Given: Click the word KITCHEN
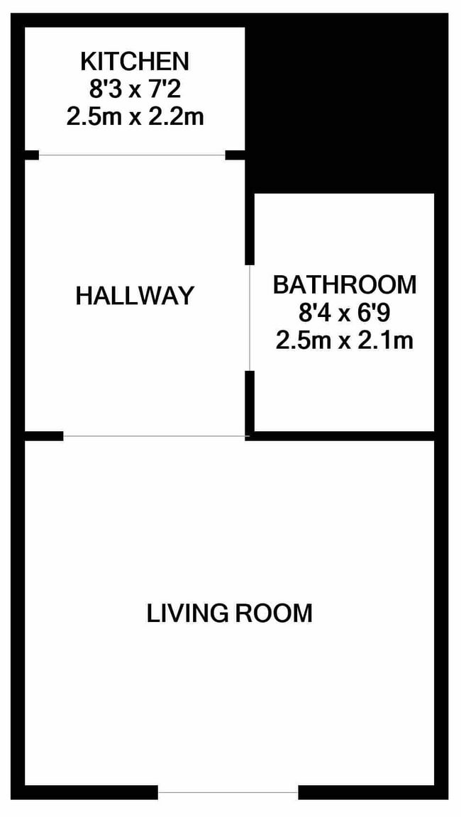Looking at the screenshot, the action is point(134,62).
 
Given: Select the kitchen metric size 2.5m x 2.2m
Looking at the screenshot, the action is point(135,117).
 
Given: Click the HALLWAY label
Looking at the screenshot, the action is point(134,296).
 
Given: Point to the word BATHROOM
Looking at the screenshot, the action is point(345,285).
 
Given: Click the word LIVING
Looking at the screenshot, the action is point(187,613).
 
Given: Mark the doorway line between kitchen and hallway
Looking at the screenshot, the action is point(132,155).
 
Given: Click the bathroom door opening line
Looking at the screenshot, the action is point(250,317).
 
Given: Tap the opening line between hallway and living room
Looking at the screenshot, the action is point(154,436).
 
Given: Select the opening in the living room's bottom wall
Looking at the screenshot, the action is point(228,792).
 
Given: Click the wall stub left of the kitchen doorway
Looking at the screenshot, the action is point(31,155).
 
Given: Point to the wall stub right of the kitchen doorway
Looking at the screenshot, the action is point(235,155).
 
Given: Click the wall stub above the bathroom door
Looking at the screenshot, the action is point(250,229).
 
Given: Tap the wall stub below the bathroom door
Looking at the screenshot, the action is point(250,401).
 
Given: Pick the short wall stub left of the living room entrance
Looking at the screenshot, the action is point(44,436).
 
